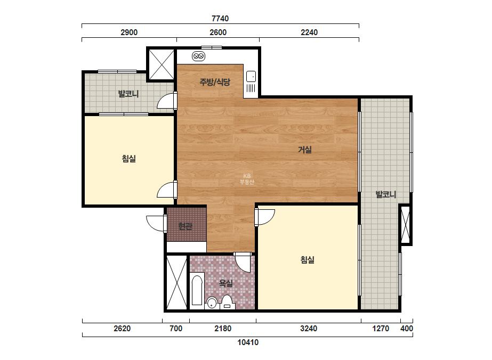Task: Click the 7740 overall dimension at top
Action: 220,19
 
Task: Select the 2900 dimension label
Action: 129,32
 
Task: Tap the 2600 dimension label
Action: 218,32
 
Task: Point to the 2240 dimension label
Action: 309,32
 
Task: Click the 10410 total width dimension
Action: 248,342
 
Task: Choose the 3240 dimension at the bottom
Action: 309,329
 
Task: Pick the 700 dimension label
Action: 176,329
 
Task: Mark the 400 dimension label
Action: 407,329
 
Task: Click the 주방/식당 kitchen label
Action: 215,82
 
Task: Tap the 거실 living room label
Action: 305,150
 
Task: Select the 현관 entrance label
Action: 185,226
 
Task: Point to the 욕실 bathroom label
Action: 225,283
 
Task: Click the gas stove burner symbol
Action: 199,56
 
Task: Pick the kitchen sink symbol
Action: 251,77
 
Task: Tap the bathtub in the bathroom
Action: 197,290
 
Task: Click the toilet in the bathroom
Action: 227,302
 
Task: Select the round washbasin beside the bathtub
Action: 212,303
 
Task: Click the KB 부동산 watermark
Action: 247,179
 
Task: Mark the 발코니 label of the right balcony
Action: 386,194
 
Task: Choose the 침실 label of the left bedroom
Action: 129,158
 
